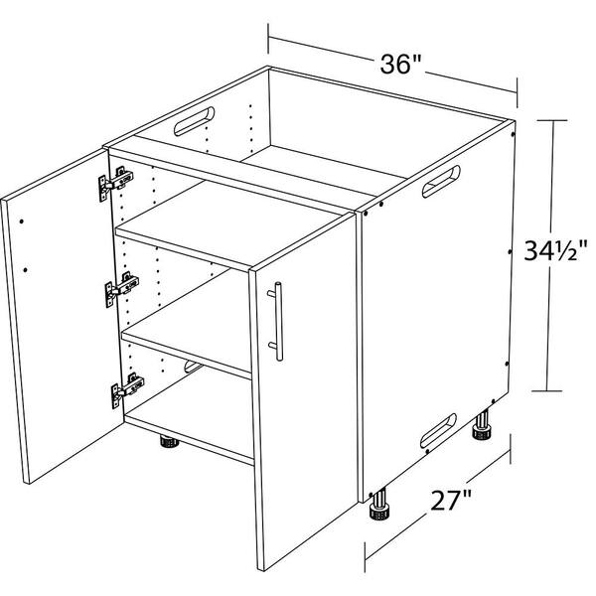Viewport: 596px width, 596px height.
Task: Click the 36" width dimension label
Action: click(401, 65)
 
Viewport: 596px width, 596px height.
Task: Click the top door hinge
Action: click(116, 184)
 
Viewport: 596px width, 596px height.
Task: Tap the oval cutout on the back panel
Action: click(192, 122)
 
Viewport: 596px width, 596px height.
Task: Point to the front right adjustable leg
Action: click(380, 508)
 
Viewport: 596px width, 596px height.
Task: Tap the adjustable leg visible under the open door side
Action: click(165, 440)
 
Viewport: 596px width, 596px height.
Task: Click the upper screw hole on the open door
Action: click(21, 216)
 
